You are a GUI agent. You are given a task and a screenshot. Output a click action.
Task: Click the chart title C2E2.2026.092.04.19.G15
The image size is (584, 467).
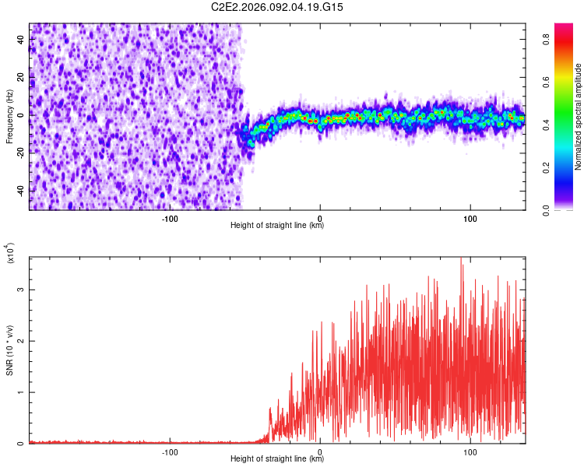(277, 7)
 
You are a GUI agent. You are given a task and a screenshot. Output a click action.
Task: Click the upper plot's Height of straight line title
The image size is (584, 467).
(277, 225)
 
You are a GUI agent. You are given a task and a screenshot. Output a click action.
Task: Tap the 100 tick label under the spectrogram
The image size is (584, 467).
(470, 217)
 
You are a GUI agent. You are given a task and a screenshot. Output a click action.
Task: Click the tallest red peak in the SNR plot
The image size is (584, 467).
(462, 259)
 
